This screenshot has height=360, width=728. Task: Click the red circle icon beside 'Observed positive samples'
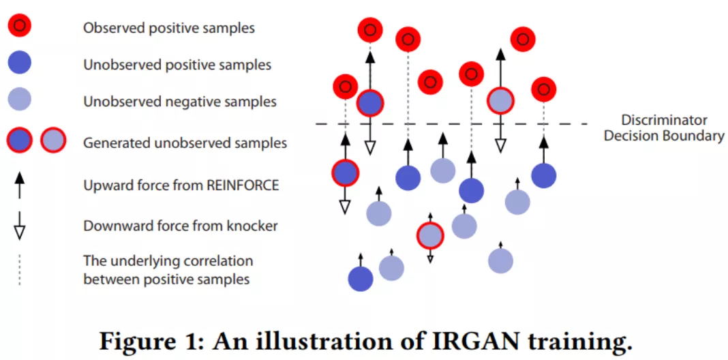(20, 28)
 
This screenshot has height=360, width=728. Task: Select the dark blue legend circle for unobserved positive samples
(20, 63)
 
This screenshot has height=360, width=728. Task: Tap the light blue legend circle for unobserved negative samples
(20, 100)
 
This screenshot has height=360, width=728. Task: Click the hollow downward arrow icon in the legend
(19, 226)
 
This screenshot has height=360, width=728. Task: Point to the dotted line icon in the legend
(19, 269)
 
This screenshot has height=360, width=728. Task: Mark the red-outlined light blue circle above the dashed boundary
(500, 100)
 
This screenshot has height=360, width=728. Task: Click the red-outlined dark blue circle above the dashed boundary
(370, 103)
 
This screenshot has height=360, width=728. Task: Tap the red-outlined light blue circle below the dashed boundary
(430, 235)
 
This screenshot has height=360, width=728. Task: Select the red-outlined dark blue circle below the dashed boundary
(346, 172)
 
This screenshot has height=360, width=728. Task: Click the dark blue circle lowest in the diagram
(361, 279)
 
